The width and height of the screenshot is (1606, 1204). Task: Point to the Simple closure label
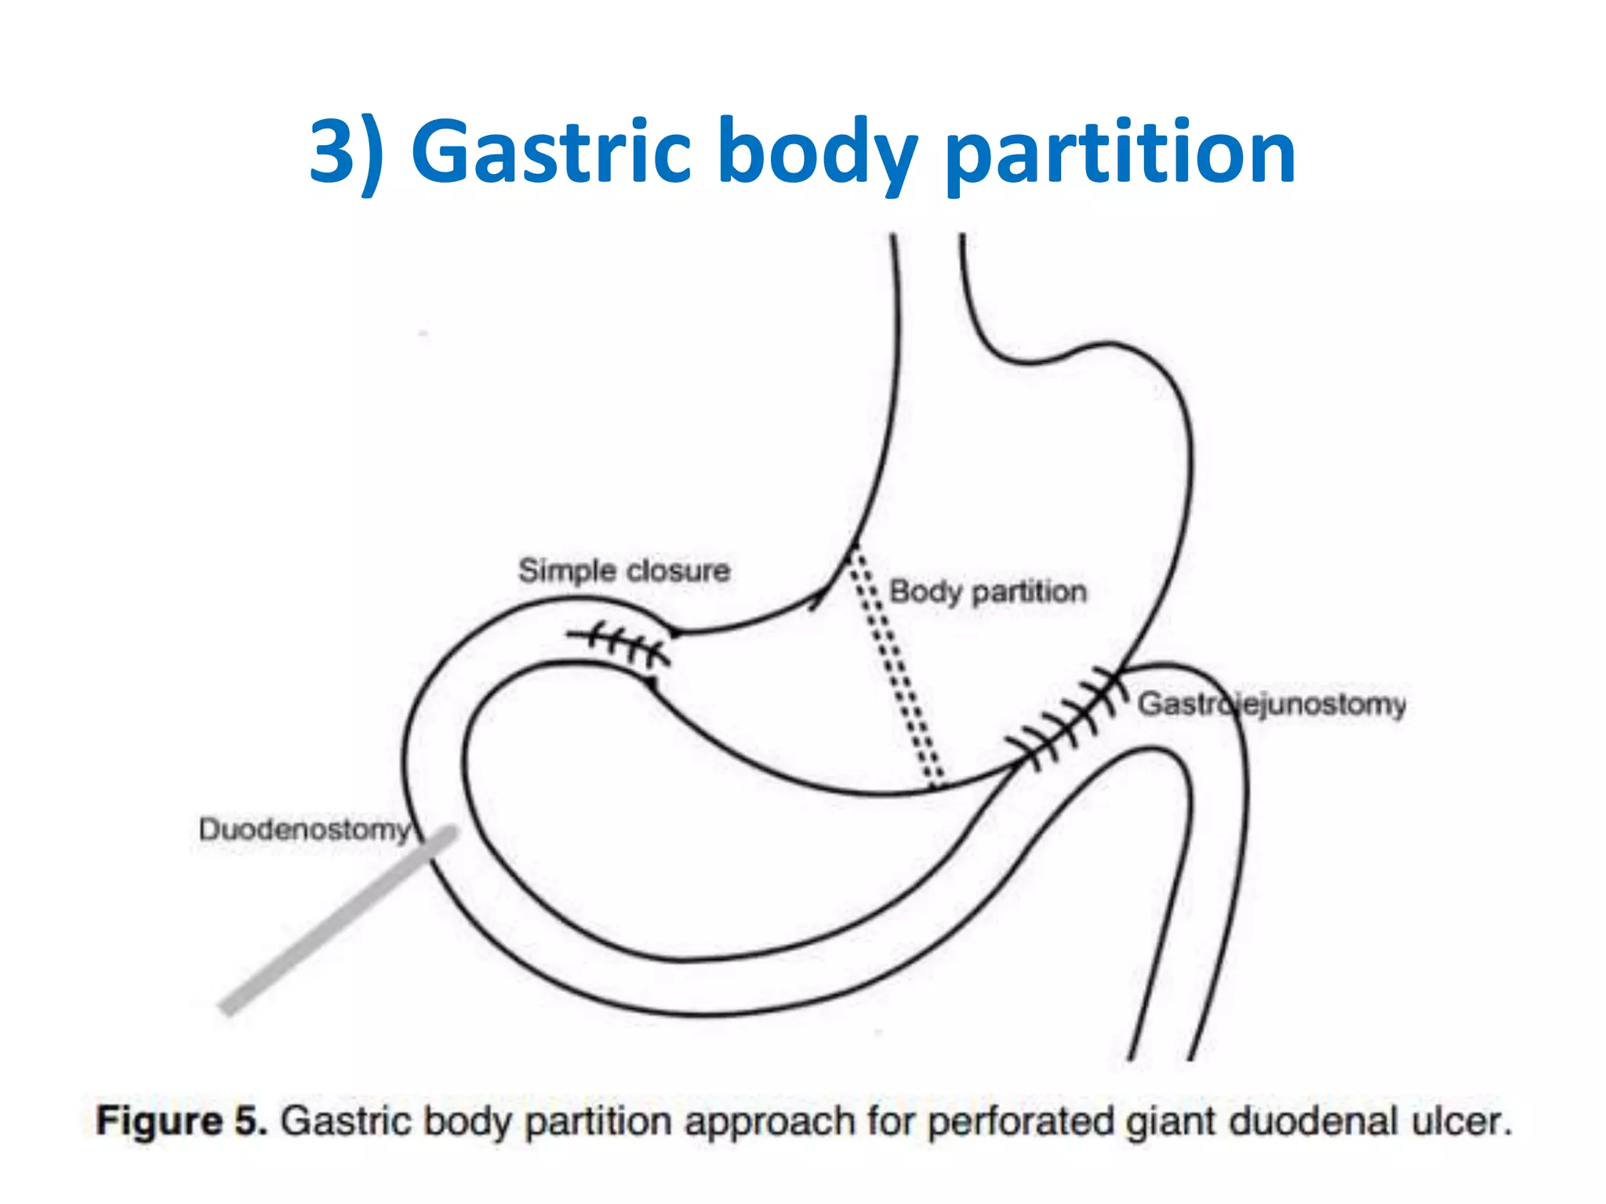(623, 571)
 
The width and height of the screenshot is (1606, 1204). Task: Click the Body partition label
(987, 592)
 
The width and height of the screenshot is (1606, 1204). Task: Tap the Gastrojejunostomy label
(1271, 704)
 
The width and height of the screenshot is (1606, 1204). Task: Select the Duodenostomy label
(304, 829)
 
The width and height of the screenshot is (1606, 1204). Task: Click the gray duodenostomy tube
(337, 921)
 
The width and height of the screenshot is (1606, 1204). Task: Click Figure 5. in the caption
(181, 1121)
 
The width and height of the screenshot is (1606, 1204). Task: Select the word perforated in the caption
(1021, 1122)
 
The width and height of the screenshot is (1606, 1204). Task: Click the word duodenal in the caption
(1314, 1121)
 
